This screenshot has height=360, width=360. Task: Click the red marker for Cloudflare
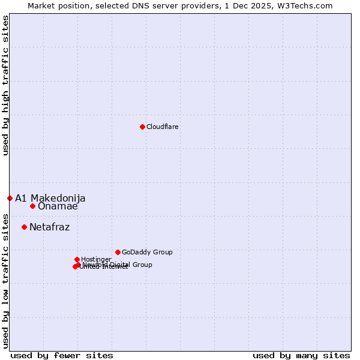click(x=142, y=127)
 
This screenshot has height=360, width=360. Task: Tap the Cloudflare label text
click(x=163, y=127)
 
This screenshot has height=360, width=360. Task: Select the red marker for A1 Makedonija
click(x=10, y=198)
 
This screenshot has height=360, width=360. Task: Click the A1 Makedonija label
click(x=50, y=198)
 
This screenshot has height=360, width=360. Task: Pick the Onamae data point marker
click(x=32, y=206)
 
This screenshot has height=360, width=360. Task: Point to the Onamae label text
click(x=58, y=206)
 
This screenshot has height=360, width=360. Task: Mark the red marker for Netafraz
click(x=24, y=227)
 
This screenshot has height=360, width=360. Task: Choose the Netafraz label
click(x=49, y=227)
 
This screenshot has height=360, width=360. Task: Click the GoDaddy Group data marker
click(x=118, y=252)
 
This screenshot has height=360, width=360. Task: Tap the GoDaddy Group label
click(x=147, y=252)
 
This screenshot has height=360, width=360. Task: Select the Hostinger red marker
click(x=77, y=259)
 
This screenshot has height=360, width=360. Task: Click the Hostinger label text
click(x=96, y=259)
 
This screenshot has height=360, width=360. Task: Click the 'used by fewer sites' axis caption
click(x=62, y=355)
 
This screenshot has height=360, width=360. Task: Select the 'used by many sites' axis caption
click(x=301, y=355)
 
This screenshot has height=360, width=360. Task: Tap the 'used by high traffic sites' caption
click(x=5, y=85)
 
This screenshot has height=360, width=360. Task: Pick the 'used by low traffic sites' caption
click(x=5, y=280)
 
